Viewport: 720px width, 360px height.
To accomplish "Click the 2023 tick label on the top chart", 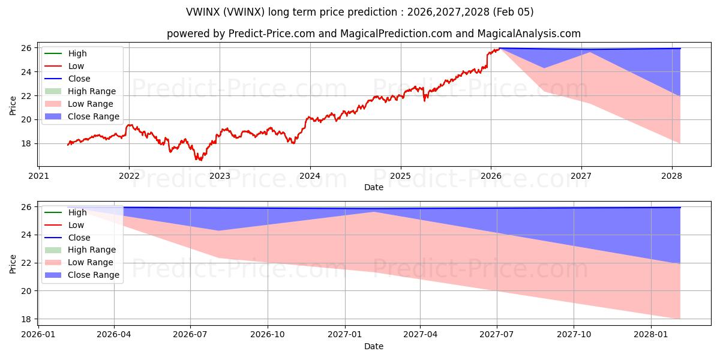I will coord(220,176).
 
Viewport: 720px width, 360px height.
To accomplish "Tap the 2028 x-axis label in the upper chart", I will coord(672,176).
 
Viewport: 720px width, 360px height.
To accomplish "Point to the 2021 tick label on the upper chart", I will coord(39,176).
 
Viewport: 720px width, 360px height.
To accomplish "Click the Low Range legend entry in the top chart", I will coord(90,104).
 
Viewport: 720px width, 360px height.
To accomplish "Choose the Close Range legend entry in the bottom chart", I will coord(93,275).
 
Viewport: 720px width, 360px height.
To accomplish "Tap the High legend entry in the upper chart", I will coord(77,53).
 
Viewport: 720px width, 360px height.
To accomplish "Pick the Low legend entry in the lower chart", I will coord(76,225).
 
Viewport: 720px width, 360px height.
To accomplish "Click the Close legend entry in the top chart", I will coord(79,79).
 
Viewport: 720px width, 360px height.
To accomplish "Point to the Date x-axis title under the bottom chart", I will coord(373,346).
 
